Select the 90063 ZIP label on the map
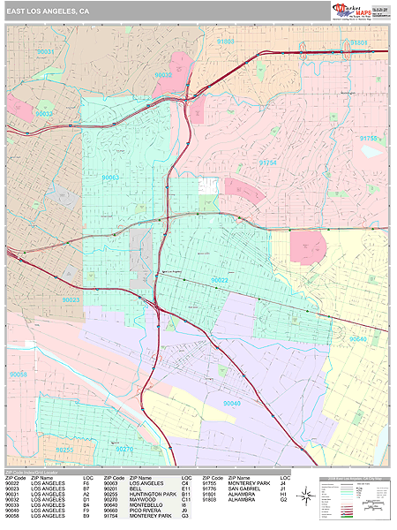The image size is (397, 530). (110, 178)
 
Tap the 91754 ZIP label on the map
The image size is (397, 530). (267, 163)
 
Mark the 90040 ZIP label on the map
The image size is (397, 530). (232, 403)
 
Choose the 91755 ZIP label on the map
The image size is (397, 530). (369, 138)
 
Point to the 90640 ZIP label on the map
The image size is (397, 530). (357, 338)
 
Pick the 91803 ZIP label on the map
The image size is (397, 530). (226, 42)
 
